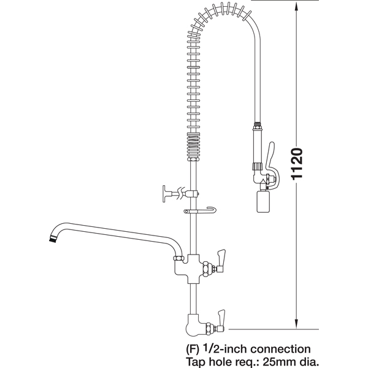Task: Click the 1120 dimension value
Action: point(297,164)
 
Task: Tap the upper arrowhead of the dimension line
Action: point(296,7)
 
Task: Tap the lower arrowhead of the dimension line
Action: point(296,323)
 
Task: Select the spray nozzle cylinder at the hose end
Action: point(263,202)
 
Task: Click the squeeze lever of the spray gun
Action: point(271,164)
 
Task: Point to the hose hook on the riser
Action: point(200,210)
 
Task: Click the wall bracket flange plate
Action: point(164,194)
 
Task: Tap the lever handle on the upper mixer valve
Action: point(221,260)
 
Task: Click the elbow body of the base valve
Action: point(195,325)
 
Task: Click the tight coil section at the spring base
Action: point(194,146)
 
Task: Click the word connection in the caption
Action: point(281,349)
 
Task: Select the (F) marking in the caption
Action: point(193,350)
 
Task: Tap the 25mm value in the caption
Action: point(278,361)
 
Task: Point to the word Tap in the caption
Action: point(194,362)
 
